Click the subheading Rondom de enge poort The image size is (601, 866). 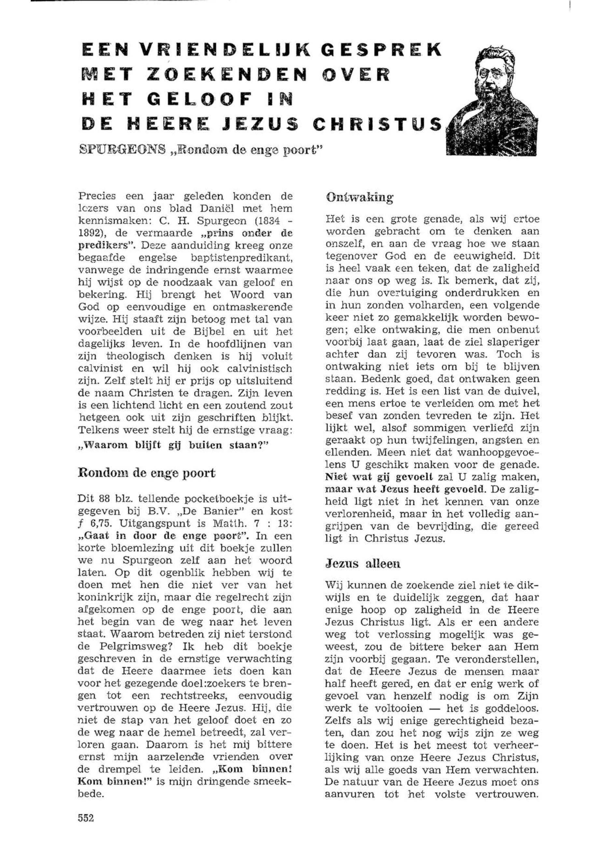(x=147, y=473)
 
